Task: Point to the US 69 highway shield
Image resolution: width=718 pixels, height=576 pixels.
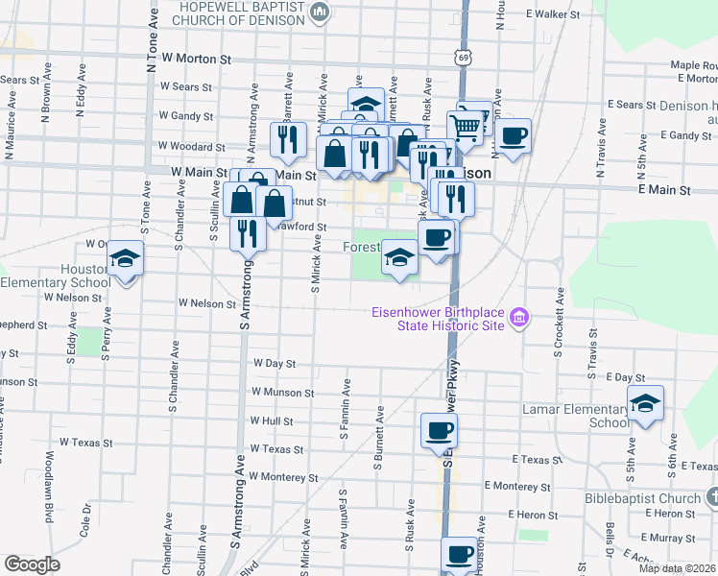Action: point(464,59)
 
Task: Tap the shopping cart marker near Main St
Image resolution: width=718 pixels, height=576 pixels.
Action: point(466,125)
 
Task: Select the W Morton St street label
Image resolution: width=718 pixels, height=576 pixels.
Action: point(197,59)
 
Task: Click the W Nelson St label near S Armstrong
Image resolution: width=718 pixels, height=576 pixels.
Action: point(206,303)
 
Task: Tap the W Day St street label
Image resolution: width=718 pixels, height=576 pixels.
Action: point(274,364)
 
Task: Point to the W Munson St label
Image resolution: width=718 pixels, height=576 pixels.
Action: point(281,393)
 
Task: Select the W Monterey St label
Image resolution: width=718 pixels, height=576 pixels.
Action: point(282,476)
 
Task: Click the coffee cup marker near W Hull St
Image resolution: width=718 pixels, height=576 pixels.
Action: point(440,432)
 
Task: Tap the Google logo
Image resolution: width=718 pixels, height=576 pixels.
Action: point(32,565)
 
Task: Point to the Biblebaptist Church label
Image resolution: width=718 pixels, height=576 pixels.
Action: point(642,498)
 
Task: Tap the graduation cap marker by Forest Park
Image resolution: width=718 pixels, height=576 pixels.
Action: point(400,257)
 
